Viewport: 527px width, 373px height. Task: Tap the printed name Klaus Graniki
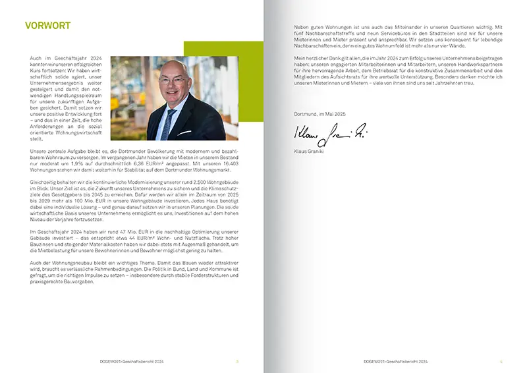coord(310,152)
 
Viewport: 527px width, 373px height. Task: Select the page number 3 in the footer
coord(238,361)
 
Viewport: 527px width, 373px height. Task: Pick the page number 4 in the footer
coord(501,361)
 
